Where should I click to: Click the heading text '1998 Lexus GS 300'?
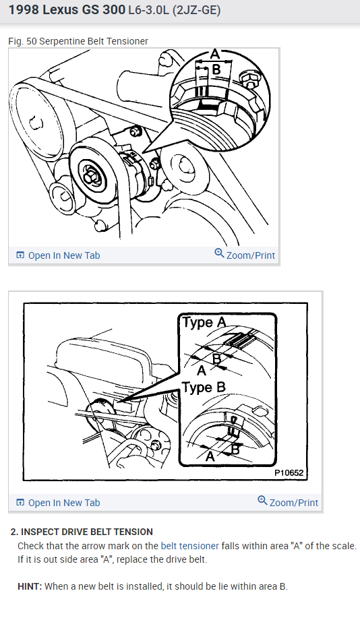pos(67,10)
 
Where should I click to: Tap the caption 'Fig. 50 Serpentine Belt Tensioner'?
pos(78,41)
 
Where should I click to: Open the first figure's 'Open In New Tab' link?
pos(58,255)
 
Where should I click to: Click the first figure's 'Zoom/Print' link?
pos(245,255)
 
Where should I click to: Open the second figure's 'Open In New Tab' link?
pos(58,503)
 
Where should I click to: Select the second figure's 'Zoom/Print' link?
pos(288,502)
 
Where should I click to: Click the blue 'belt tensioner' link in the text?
pos(190,546)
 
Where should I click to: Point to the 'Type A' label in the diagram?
pos(204,323)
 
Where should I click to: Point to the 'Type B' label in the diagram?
pos(204,387)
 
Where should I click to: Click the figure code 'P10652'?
pos(289,472)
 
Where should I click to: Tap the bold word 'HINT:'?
pos(30,586)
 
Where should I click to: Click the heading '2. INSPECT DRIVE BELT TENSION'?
pos(82,532)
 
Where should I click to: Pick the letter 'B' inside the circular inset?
pos(216,69)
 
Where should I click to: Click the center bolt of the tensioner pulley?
pos(89,173)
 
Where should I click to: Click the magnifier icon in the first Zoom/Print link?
pos(219,253)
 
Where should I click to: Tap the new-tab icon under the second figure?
pos(20,503)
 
